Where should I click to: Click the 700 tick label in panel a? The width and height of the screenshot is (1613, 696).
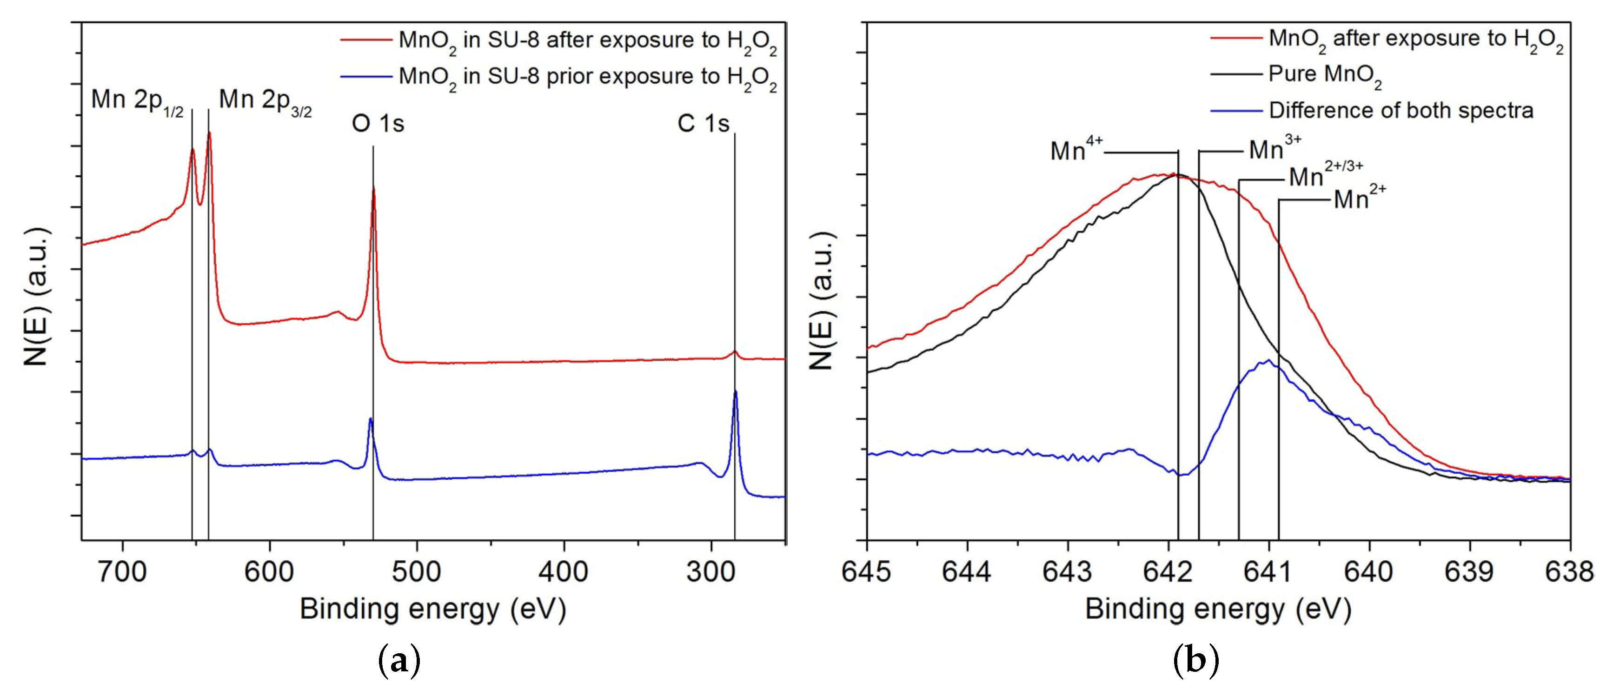tap(123, 571)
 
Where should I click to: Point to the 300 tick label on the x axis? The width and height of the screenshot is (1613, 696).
tap(710, 571)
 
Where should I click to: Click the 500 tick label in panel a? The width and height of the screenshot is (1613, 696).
tap(417, 571)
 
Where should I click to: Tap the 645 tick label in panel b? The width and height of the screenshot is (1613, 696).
tap(867, 571)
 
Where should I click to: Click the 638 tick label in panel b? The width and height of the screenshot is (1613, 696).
tap(1569, 571)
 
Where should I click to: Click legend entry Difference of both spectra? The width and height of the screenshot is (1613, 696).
tap(1401, 111)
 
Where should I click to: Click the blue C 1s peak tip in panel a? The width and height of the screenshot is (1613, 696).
tap(735, 392)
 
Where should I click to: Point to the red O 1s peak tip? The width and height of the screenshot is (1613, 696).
tap(374, 189)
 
